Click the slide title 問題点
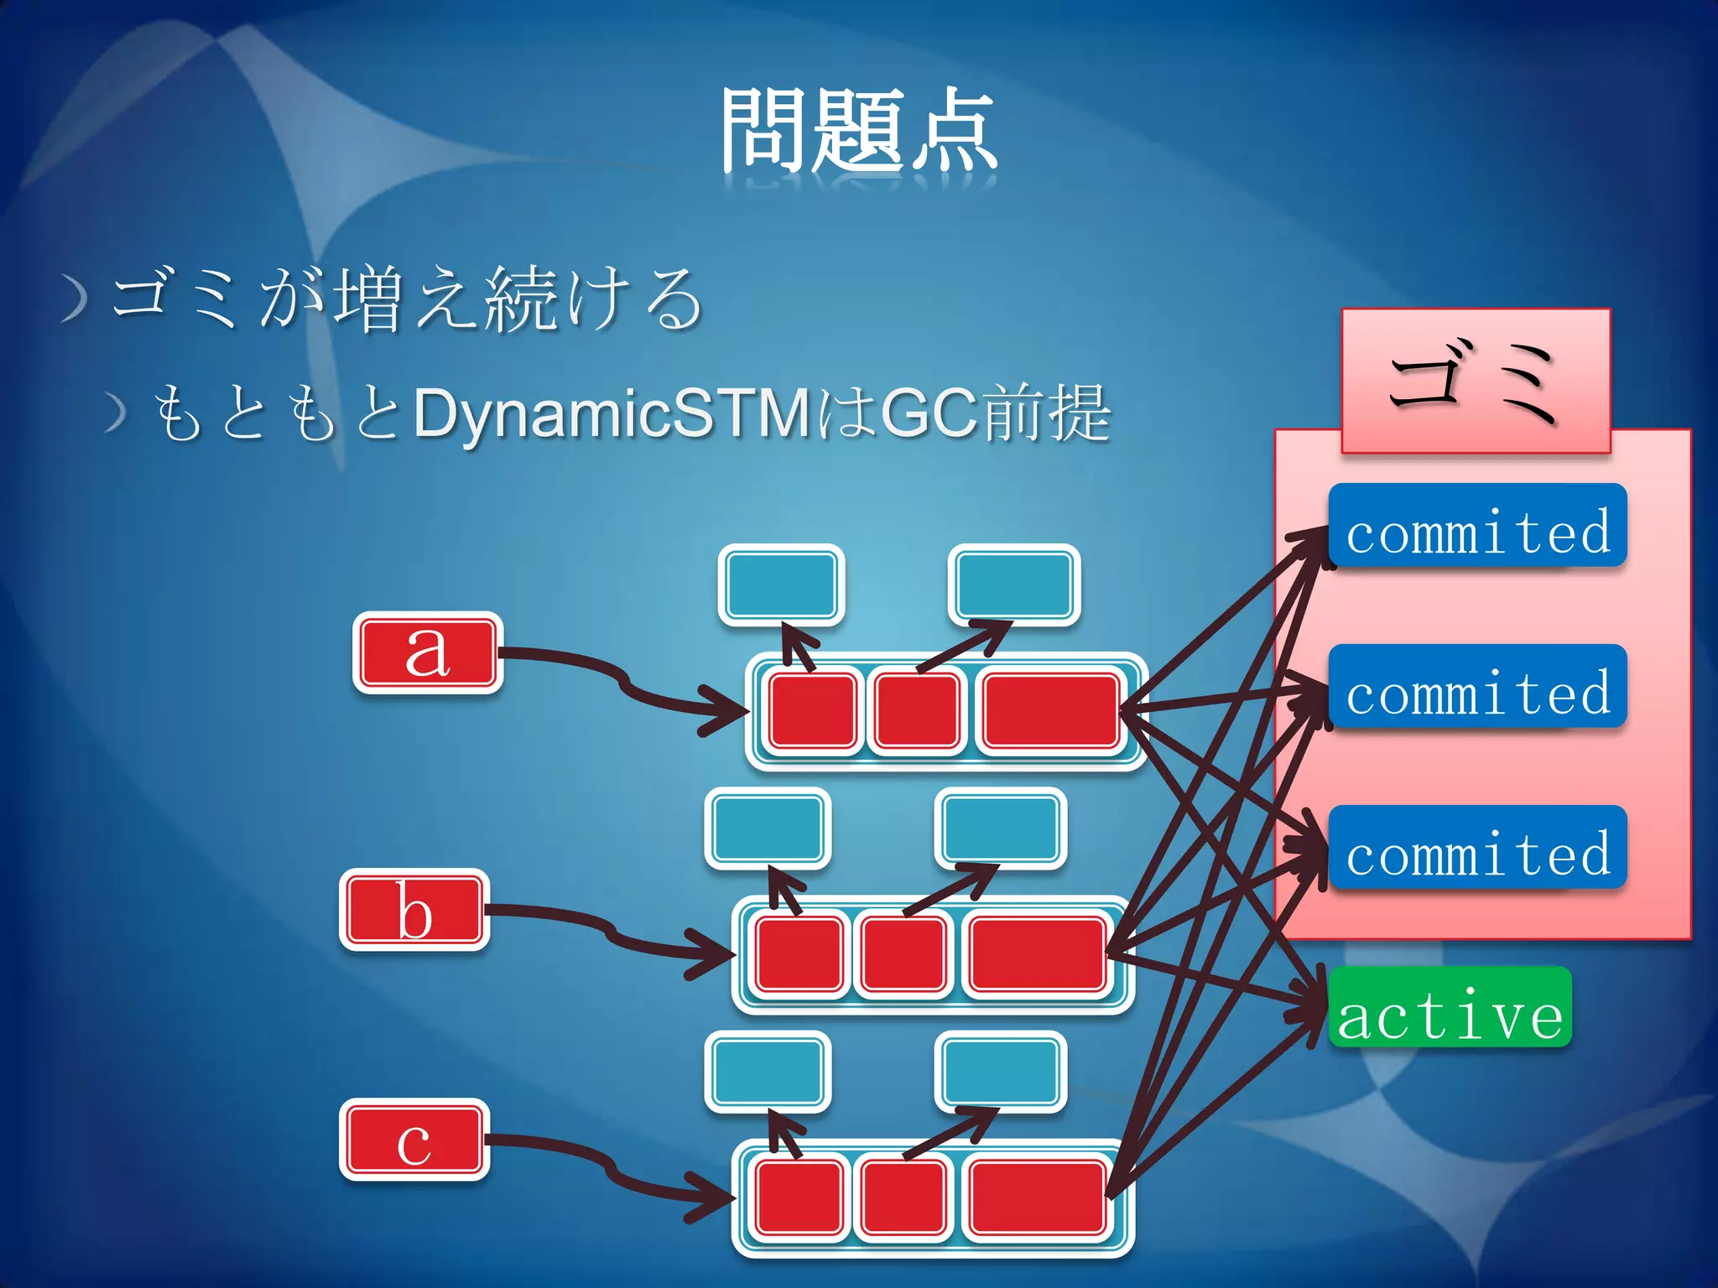[859, 132]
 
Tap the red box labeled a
[428, 652]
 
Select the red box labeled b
[414, 910]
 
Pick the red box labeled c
[414, 1140]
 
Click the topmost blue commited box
[1477, 526]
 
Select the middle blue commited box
[1477, 687]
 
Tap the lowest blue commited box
[1477, 848]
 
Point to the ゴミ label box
[1476, 381]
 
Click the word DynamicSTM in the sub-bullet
[611, 413]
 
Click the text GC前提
[997, 413]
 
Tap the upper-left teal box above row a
[781, 584]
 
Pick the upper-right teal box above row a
[1013, 584]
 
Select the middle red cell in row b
[903, 954]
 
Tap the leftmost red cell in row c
[799, 1197]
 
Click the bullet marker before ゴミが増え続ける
[75, 299]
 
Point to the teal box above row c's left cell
[768, 1072]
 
